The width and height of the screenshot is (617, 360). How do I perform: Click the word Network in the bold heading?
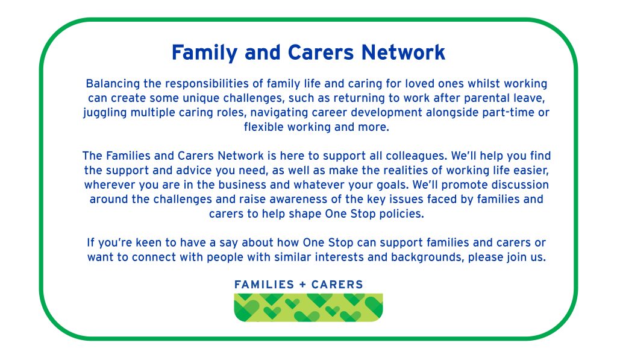pos(403,52)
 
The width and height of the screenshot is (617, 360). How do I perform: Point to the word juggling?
pos(105,113)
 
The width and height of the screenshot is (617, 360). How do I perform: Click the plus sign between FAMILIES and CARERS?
pos(302,285)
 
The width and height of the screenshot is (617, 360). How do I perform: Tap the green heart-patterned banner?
pos(308,308)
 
